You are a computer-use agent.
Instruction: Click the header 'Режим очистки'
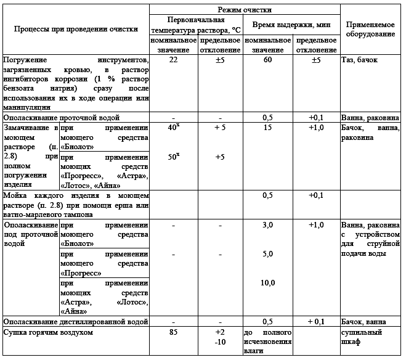(x=245, y=10)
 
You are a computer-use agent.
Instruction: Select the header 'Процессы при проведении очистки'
(x=76, y=29)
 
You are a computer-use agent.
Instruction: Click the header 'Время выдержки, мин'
(x=292, y=25)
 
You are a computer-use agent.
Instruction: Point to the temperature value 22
(x=174, y=60)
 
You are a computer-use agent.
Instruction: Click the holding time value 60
(x=267, y=60)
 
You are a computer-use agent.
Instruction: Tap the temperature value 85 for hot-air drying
(x=174, y=333)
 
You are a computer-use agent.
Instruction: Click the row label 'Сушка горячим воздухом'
(x=48, y=333)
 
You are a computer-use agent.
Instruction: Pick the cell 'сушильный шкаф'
(x=362, y=337)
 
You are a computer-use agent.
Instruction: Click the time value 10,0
(x=267, y=282)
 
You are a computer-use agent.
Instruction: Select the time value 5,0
(x=267, y=254)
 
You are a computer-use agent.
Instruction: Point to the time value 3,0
(x=267, y=226)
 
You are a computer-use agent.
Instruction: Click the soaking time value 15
(x=267, y=128)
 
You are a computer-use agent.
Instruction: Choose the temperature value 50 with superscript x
(x=174, y=157)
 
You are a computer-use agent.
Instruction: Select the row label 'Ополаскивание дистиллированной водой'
(x=76, y=322)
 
